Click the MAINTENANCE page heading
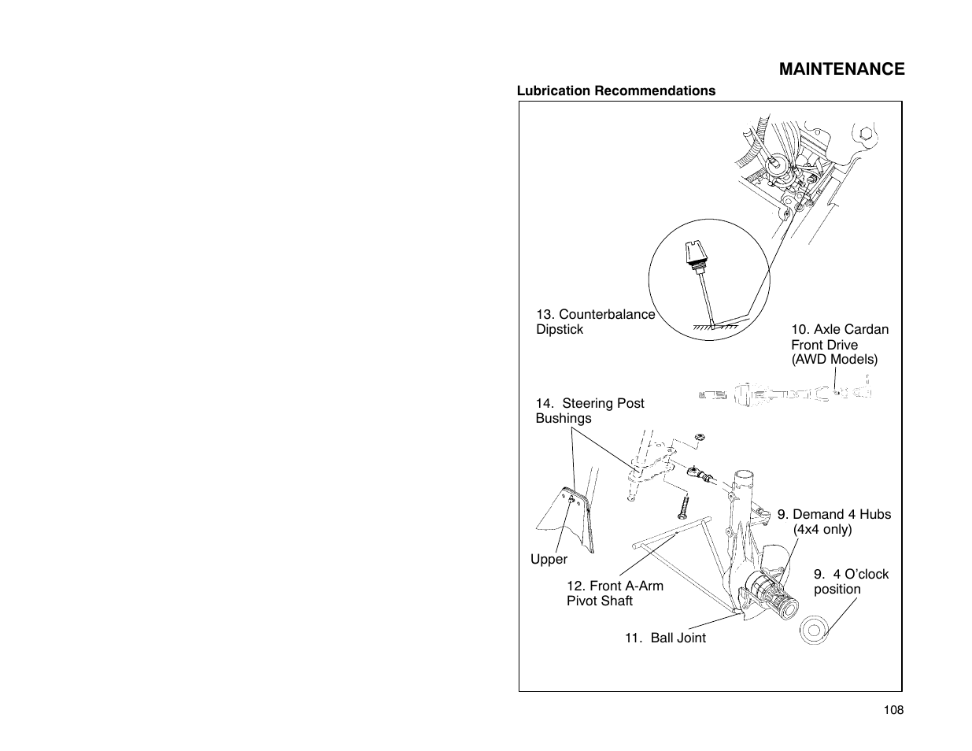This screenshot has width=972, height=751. (x=841, y=69)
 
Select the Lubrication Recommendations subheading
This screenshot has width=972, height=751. (x=615, y=91)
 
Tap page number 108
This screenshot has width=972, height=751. (x=893, y=710)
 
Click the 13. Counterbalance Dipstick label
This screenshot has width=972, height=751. (x=595, y=322)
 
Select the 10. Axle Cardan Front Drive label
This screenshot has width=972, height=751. (x=839, y=337)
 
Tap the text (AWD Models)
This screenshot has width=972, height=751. (x=833, y=360)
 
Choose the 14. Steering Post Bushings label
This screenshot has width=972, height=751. (x=589, y=411)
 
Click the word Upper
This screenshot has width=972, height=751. (x=549, y=560)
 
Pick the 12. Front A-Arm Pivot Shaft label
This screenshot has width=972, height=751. (x=615, y=594)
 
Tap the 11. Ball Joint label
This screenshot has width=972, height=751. (x=665, y=638)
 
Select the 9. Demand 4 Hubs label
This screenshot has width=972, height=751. (x=834, y=515)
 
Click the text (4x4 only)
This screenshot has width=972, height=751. (x=822, y=530)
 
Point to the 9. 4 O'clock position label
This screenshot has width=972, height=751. (x=851, y=582)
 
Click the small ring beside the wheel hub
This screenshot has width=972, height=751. (x=814, y=630)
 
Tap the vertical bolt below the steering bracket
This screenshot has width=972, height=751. (x=684, y=505)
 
